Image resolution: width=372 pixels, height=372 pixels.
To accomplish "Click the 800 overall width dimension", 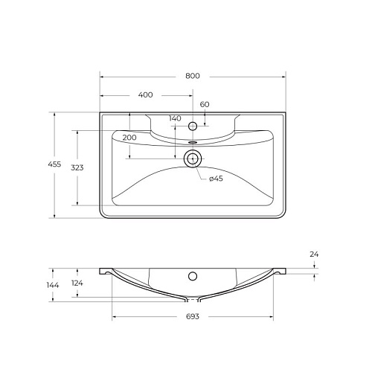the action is pyautogui.click(x=193, y=76).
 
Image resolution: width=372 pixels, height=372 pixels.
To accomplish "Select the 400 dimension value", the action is pyautogui.click(x=145, y=94).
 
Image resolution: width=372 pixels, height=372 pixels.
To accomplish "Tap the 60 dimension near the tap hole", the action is pyautogui.click(x=205, y=104).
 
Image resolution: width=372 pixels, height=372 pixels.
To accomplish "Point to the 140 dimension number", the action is pyautogui.click(x=175, y=118).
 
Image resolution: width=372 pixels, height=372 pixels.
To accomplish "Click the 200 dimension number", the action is pyautogui.click(x=129, y=138).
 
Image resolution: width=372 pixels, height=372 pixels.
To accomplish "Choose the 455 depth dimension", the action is pyautogui.click(x=54, y=164).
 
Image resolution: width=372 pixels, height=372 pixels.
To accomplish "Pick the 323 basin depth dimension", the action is pyautogui.click(x=77, y=168).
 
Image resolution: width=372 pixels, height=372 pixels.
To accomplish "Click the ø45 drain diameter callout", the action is pyautogui.click(x=216, y=179).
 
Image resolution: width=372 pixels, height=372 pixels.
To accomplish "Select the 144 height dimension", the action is pyautogui.click(x=53, y=285).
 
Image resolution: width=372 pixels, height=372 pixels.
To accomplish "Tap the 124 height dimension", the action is pyautogui.click(x=77, y=283).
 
